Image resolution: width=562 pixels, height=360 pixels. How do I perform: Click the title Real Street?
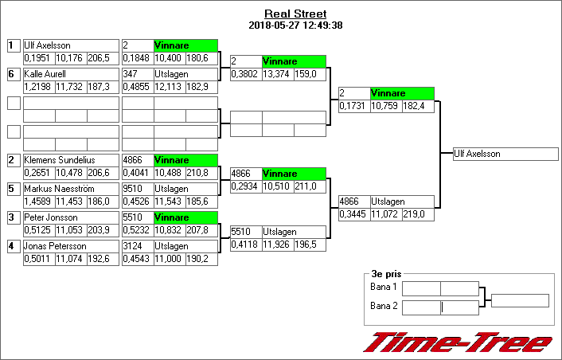[295, 14]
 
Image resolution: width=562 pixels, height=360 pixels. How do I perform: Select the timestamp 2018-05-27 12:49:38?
[295, 25]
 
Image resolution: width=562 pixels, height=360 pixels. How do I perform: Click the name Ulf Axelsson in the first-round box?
[47, 45]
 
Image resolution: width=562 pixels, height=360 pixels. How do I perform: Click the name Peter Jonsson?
[49, 217]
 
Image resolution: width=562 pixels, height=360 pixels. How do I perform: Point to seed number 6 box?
[13, 74]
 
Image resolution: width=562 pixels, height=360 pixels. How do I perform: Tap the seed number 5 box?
[13, 189]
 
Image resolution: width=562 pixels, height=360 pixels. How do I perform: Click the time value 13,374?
[276, 74]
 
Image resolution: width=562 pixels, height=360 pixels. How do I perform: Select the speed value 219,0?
[419, 214]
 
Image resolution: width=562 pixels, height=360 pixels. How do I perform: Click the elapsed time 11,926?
[276, 245]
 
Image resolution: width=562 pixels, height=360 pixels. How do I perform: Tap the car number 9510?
[134, 189]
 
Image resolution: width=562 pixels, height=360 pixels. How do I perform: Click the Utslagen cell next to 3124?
[171, 246]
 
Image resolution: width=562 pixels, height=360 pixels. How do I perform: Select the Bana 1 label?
[384, 287]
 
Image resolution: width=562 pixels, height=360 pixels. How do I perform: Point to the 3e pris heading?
[386, 272]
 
